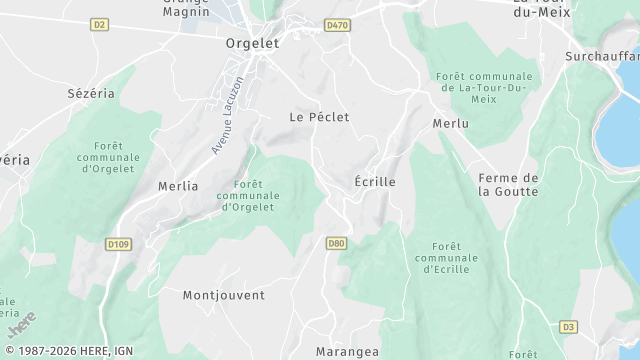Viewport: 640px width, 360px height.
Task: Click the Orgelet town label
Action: (x=252, y=44)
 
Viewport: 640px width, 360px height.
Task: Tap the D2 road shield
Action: (x=98, y=24)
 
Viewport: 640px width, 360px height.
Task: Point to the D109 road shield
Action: (x=118, y=243)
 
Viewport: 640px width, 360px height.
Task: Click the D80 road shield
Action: (x=336, y=242)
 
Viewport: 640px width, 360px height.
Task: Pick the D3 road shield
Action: (x=569, y=326)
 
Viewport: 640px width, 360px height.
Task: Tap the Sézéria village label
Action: (x=91, y=93)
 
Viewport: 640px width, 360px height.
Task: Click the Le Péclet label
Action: (x=319, y=117)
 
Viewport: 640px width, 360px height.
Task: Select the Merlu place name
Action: (x=450, y=123)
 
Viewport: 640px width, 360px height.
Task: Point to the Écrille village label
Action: (x=375, y=182)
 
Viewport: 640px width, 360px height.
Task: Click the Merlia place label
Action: (x=178, y=186)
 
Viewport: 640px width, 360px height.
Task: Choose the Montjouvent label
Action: (x=224, y=295)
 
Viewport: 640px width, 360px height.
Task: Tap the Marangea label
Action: (x=347, y=351)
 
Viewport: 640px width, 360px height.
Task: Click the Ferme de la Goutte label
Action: (x=508, y=185)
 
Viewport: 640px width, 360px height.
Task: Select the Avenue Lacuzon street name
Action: (x=227, y=115)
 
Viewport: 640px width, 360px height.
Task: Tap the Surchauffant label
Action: (x=601, y=56)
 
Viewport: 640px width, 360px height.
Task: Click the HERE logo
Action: (x=21, y=324)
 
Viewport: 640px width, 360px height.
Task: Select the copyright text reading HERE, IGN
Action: (x=67, y=351)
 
